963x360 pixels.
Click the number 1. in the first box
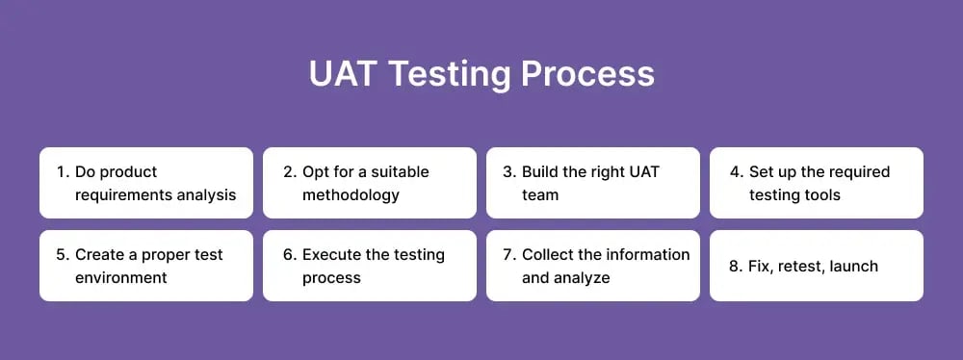pyautogui.click(x=63, y=172)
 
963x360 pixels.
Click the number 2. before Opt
pyautogui.click(x=288, y=172)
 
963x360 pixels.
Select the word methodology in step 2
pyautogui.click(x=351, y=195)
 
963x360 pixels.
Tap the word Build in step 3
pyautogui.click(x=542, y=172)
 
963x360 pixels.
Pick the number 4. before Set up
pyautogui.click(x=736, y=172)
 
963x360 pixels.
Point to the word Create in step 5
pyautogui.click(x=100, y=255)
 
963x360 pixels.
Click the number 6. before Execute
pyautogui.click(x=288, y=255)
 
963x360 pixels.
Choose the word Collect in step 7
pyautogui.click(x=547, y=255)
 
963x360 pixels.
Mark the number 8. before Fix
pyautogui.click(x=736, y=266)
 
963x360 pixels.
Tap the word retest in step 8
pyautogui.click(x=804, y=266)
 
